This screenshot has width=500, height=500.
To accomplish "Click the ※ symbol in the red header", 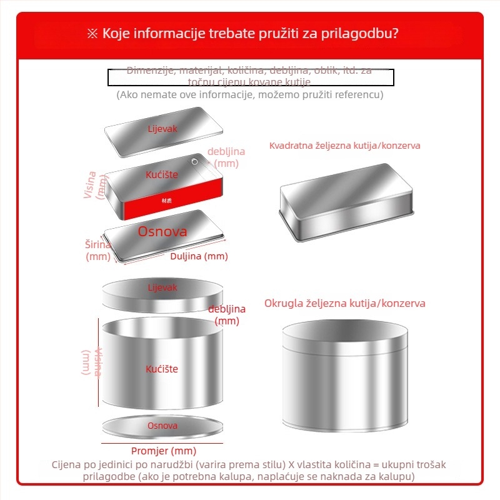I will pos(93,33).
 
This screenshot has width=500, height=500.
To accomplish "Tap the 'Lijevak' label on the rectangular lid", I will pos(162,129).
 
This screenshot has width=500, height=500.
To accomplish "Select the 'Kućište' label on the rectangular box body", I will pos(162,174).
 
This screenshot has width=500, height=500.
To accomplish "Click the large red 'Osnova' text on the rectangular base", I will pos(162,231).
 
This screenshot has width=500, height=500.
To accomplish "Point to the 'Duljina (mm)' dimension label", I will pos(199,256).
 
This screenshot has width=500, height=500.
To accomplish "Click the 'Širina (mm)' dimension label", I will pos(98,250).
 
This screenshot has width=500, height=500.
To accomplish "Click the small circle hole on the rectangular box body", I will pos(195,162).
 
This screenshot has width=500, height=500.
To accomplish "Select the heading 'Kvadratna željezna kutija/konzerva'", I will pos(344,146).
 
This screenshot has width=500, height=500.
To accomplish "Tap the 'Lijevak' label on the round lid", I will pos(162,287).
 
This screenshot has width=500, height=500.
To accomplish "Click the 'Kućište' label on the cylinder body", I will pos(162,369).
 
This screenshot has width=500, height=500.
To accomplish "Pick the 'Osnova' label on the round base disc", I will pos(162,426).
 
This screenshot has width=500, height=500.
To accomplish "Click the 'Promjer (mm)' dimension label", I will pos(163,451).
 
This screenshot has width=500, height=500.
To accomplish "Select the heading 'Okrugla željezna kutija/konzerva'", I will pos(344,303).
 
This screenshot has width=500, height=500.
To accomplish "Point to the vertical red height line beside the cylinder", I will pos(99,362).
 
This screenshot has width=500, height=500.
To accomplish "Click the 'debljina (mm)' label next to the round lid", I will pos(226,315).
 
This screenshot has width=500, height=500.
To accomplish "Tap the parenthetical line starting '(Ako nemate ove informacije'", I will pos(250,95).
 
